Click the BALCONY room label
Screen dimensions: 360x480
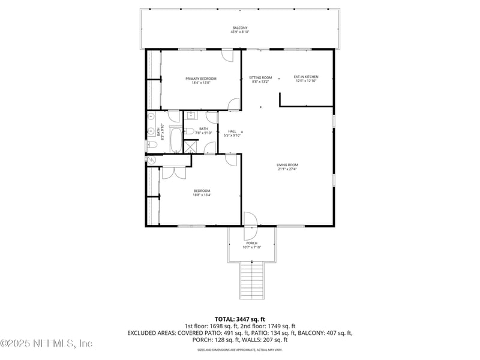click(239, 28)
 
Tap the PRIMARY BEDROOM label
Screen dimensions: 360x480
click(200, 79)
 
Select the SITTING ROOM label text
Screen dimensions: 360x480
click(260, 77)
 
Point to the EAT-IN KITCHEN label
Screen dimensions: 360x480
click(305, 77)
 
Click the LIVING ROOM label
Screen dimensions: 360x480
click(287, 165)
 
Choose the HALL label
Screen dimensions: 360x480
click(232, 131)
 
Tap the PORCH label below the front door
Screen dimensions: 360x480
click(251, 243)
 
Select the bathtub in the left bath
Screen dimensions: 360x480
click(175, 141)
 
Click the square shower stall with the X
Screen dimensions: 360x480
click(191, 146)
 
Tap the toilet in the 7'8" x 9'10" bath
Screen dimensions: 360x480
click(188, 131)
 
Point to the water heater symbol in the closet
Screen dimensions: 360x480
click(151, 160)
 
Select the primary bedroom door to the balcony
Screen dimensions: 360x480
click(227, 55)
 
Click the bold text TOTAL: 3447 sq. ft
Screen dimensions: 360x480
click(239, 319)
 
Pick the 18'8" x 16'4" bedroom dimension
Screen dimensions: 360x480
click(202, 194)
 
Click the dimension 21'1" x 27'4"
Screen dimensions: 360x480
click(287, 169)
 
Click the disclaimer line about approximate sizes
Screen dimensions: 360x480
click(239, 349)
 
